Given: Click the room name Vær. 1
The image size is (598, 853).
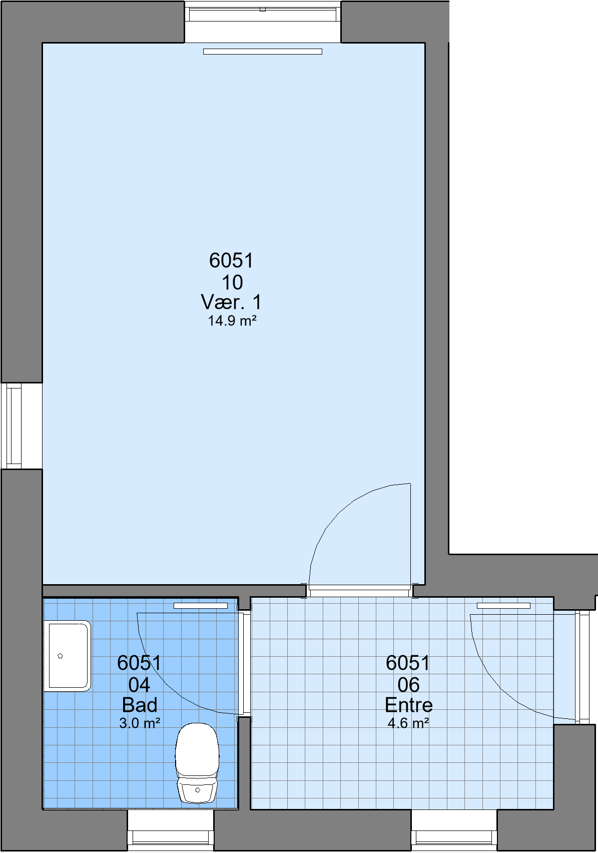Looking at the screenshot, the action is [231, 302].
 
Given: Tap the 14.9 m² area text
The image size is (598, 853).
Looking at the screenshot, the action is [232, 321].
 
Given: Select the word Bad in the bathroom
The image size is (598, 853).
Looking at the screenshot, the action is [140, 705].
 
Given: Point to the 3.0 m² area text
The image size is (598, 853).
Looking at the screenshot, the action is [140, 723].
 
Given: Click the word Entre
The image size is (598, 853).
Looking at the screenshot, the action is [408, 705].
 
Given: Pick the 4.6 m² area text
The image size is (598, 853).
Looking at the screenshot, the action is [408, 723].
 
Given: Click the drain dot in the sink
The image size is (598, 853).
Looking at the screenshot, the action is [60, 656].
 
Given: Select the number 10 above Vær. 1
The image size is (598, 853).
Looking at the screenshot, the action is [232, 282].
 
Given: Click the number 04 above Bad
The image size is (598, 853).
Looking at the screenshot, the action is [139, 685].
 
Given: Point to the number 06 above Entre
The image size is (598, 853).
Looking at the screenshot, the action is [408, 685].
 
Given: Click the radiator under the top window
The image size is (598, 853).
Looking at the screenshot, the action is [263, 52].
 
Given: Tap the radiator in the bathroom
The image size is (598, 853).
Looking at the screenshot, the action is [201, 606].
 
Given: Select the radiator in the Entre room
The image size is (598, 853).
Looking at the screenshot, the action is [503, 606].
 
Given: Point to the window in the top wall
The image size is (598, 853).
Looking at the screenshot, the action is [263, 22].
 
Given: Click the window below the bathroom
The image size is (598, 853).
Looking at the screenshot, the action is [171, 831].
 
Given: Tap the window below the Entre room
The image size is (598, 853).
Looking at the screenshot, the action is [454, 831].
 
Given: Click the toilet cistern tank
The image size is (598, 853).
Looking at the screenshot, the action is [197, 790].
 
